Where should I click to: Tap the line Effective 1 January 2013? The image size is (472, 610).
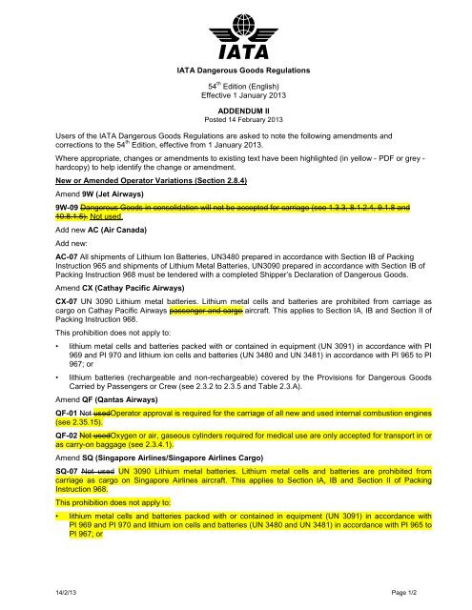pos(236,96)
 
